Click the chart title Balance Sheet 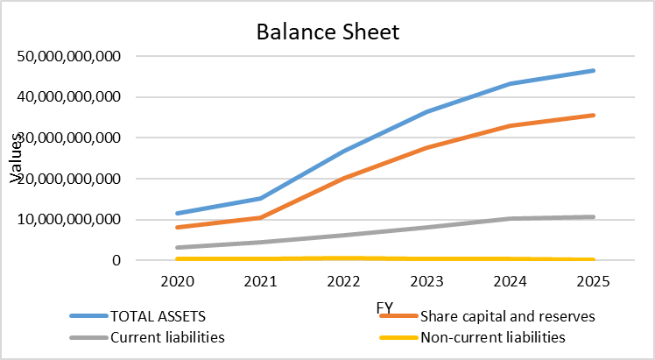327,33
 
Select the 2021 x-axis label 260,283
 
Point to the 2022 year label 343,283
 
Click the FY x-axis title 384,307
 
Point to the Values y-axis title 16,159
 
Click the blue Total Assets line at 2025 593,70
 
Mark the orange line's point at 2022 343,178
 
